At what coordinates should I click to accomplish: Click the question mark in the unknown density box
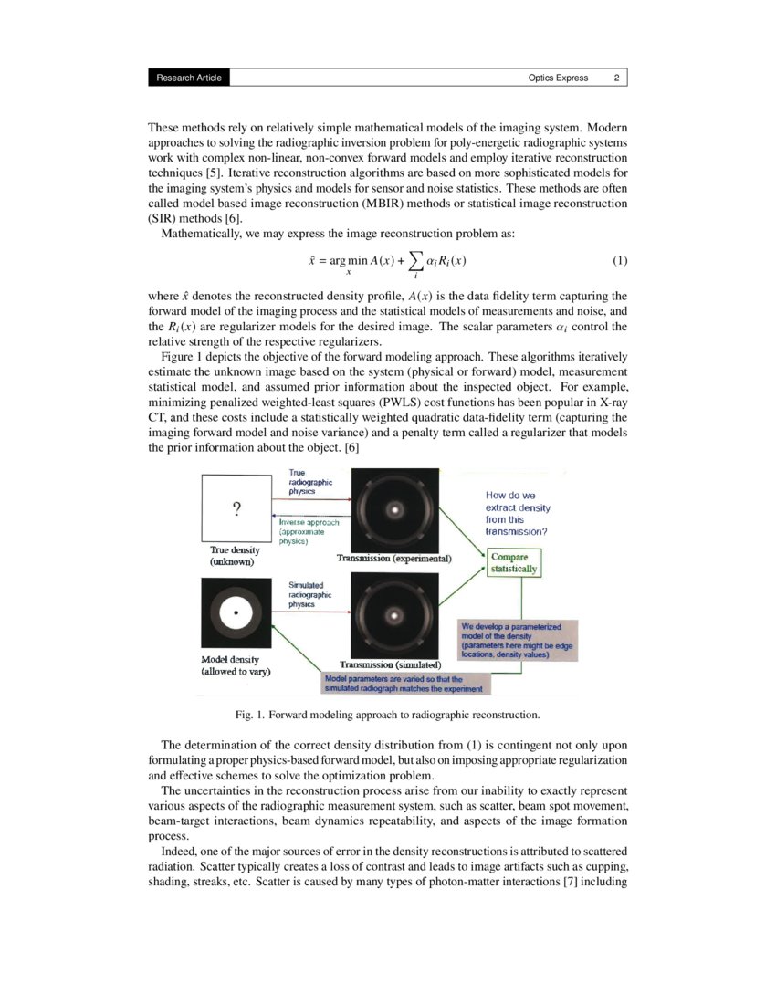[x=236, y=508]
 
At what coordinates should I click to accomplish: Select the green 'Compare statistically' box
[x=514, y=562]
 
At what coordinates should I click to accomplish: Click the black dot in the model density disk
[x=236, y=614]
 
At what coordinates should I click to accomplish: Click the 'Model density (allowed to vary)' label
[x=236, y=664]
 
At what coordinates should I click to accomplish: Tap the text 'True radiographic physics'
[x=309, y=482]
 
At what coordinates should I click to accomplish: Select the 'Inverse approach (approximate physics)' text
[x=309, y=531]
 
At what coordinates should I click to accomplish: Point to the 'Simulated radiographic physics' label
[x=309, y=594]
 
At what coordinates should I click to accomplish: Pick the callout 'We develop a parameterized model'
[x=517, y=641]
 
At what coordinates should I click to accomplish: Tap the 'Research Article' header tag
[x=188, y=78]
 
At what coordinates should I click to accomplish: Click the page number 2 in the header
[x=616, y=78]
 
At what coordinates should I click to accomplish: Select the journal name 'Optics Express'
[x=558, y=78]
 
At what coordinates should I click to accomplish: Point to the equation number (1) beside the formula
[x=620, y=262]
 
